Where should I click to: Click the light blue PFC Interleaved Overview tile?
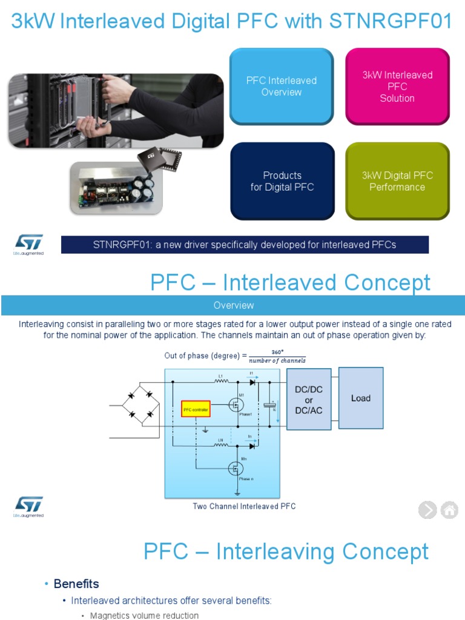[282, 87]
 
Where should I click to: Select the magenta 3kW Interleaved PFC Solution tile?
[397, 87]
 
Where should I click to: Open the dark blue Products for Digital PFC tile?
[282, 181]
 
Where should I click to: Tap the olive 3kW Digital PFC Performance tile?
[397, 181]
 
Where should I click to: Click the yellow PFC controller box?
[196, 410]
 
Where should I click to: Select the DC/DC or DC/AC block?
[309, 400]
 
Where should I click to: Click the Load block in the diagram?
[361, 398]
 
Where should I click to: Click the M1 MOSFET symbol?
[236, 404]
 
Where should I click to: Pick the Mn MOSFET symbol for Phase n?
[236, 467]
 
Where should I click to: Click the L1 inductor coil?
[222, 382]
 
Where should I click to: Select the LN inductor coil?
[222, 446]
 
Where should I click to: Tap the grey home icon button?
[449, 510]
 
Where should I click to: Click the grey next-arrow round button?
[427, 510]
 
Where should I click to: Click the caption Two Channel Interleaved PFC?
[244, 506]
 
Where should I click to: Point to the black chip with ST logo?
[151, 159]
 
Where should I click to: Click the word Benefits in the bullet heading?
[76, 584]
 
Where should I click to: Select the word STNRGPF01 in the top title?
[391, 21]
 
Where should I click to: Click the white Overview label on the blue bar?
[234, 305]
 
